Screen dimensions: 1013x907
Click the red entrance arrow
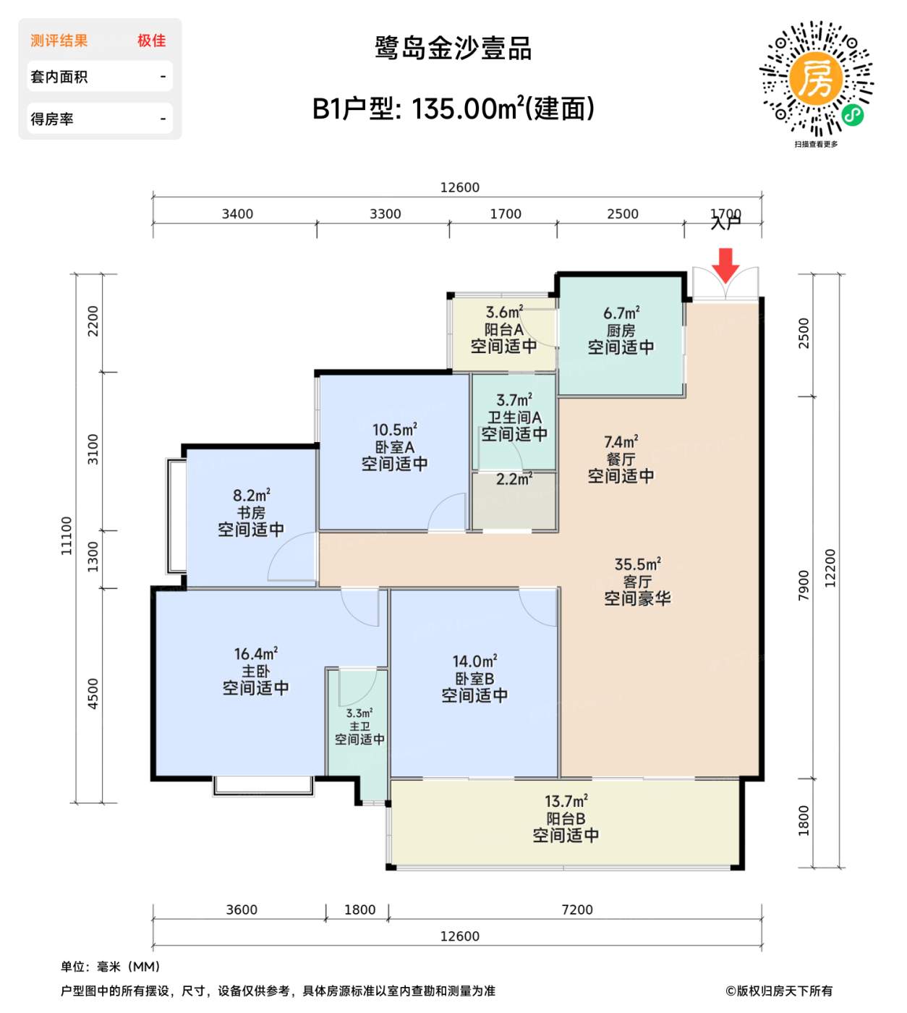pyautogui.click(x=725, y=265)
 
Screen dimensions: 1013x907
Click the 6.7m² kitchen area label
pyautogui.click(x=621, y=314)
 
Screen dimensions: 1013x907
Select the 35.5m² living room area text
pyautogui.click(x=637, y=564)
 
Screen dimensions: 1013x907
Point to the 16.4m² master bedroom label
pyautogui.click(x=255, y=654)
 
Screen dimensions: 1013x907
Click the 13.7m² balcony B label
pyautogui.click(x=566, y=802)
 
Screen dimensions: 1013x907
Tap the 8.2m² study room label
pyautogui.click(x=251, y=496)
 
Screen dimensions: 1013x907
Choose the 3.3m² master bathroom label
pyautogui.click(x=359, y=713)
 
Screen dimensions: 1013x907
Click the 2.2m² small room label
pyautogui.click(x=514, y=479)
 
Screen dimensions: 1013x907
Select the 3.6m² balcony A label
pyautogui.click(x=503, y=313)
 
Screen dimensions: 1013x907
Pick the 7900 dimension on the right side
pyautogui.click(x=804, y=585)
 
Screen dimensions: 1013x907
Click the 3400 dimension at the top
pyautogui.click(x=237, y=214)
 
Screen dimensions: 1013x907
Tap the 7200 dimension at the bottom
pyautogui.click(x=576, y=910)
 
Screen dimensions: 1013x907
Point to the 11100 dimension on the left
pyautogui.click(x=67, y=535)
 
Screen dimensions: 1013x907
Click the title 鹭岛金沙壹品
pyautogui.click(x=453, y=48)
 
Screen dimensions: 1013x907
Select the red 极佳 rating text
pyautogui.click(x=152, y=41)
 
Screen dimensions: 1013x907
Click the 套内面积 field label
pyautogui.click(x=59, y=77)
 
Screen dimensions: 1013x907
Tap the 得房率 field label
pyautogui.click(x=52, y=119)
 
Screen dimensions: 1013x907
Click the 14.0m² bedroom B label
pyautogui.click(x=474, y=661)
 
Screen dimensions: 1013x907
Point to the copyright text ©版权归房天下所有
pyautogui.click(x=779, y=991)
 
